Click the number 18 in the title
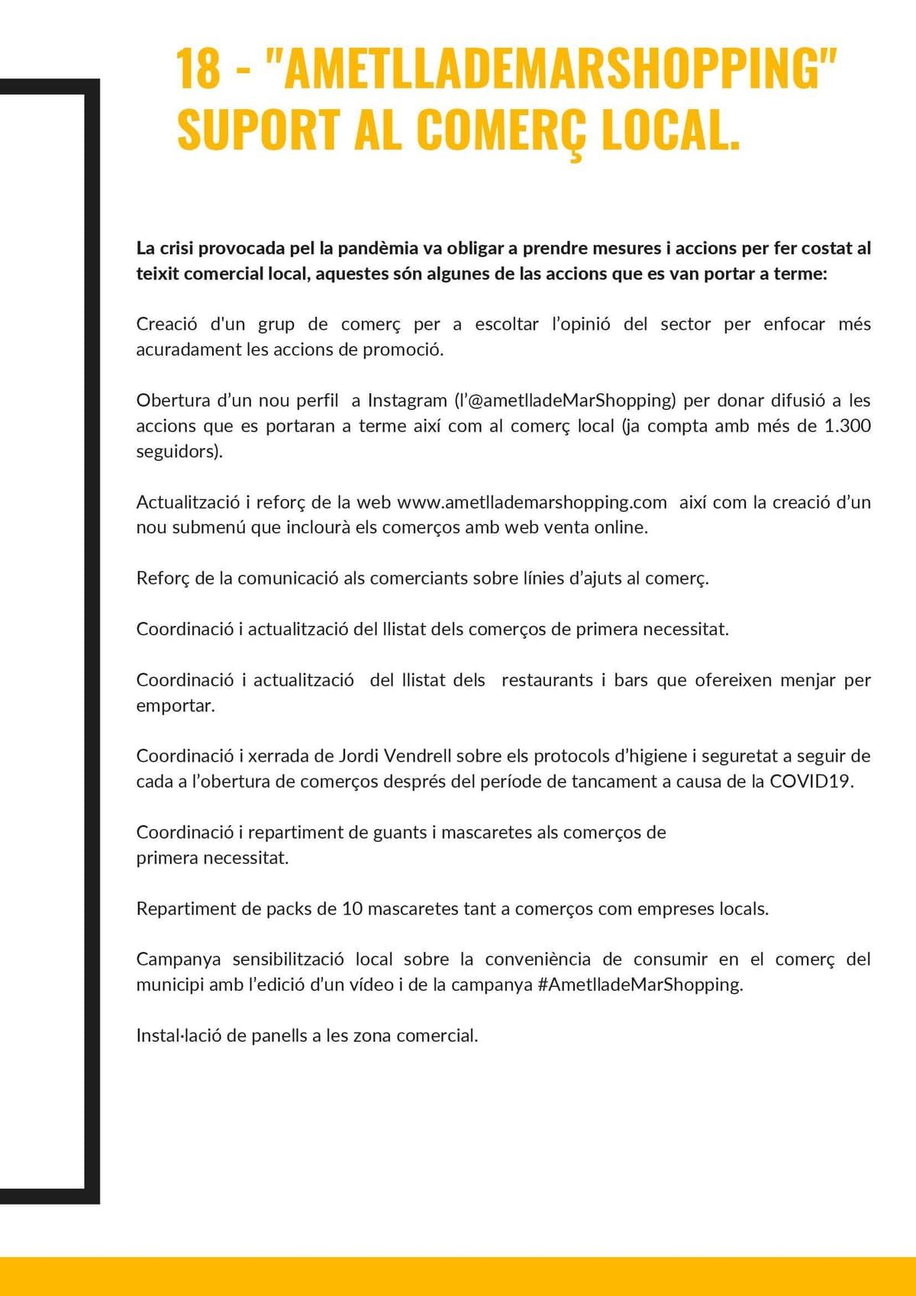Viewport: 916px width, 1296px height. click(198, 69)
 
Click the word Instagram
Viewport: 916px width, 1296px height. click(407, 401)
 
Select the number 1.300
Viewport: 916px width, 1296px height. click(847, 426)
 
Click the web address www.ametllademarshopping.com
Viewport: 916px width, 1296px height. click(532, 502)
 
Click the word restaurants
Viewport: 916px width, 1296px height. click(547, 680)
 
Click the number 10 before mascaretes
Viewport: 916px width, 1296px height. click(352, 909)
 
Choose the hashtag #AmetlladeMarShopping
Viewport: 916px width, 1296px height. click(640, 985)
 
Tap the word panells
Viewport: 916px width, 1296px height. click(279, 1036)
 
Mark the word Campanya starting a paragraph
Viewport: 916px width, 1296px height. click(179, 959)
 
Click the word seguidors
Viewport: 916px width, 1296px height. click(178, 452)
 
